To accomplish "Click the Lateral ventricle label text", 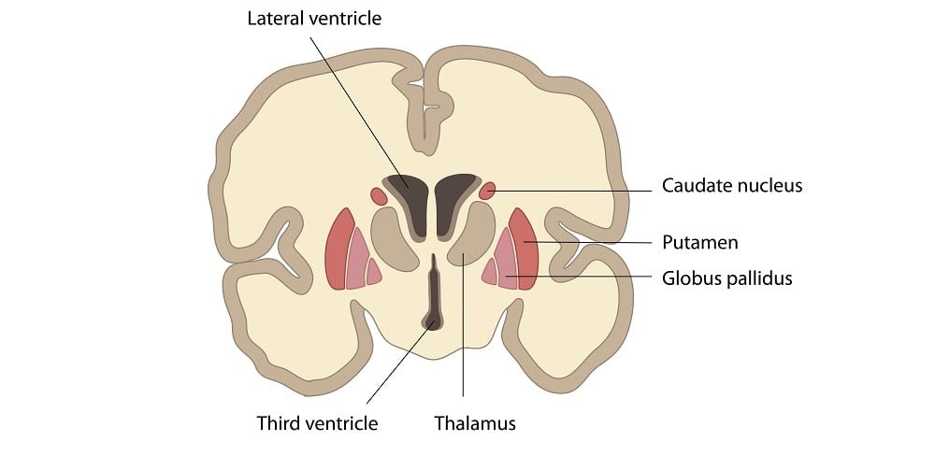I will pyautogui.click(x=314, y=19).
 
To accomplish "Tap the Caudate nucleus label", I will pyautogui.click(x=731, y=186).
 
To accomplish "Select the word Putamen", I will pyautogui.click(x=699, y=243).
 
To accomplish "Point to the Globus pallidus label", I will pyautogui.click(x=726, y=278).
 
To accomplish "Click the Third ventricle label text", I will pyautogui.click(x=317, y=423).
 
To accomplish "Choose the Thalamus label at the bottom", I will pyautogui.click(x=475, y=423).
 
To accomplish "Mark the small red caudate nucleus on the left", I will pyautogui.click(x=379, y=196).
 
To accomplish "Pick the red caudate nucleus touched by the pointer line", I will pyautogui.click(x=486, y=192).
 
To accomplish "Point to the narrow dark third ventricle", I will pyautogui.click(x=434, y=294).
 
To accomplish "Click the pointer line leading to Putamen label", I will pyautogui.click(x=598, y=243).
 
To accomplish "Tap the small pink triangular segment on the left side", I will pyautogui.click(x=373, y=272).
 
